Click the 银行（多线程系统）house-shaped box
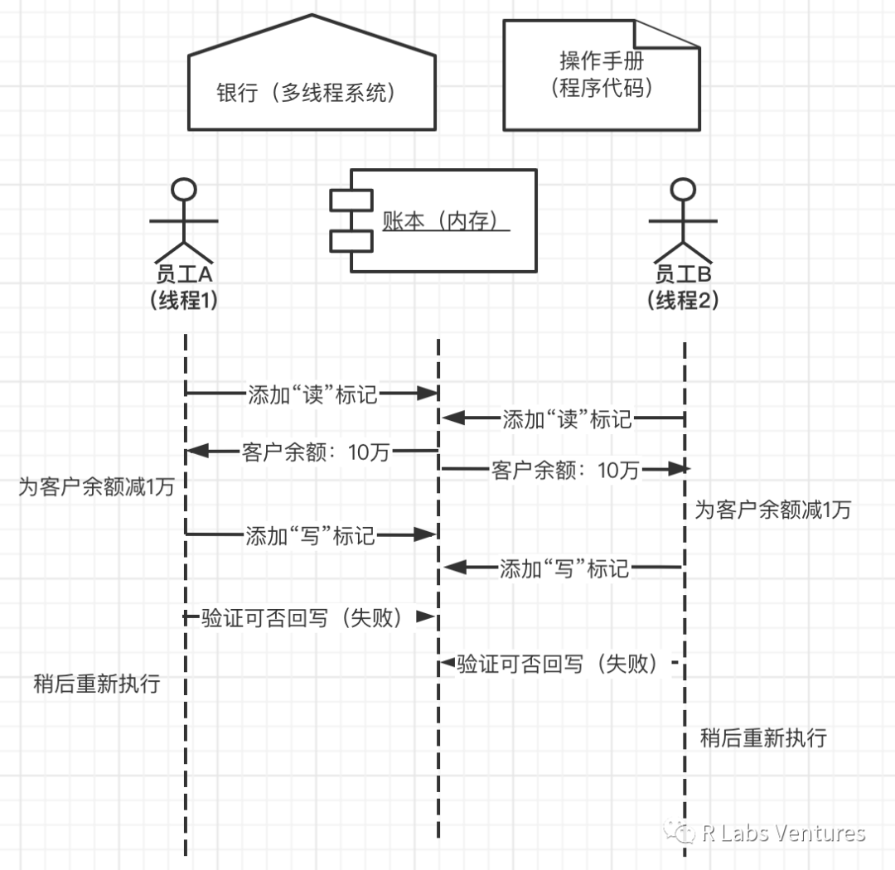coord(312,92)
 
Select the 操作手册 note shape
coord(602,75)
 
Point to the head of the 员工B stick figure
coord(683,189)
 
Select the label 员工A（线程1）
coord(184,287)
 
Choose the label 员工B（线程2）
coord(683,287)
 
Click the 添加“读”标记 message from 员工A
coord(312,394)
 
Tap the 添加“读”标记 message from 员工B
coord(567,419)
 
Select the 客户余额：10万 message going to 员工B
coord(565,470)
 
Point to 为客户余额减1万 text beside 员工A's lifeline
coord(97,486)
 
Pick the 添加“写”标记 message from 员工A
coord(311,536)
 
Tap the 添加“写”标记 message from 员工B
coord(564,568)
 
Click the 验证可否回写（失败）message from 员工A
coord(307,617)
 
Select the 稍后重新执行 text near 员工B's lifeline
coord(763,737)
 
